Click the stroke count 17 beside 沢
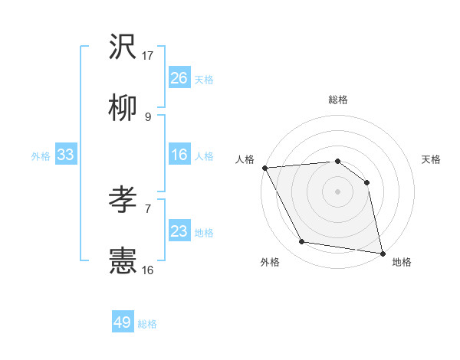[x=148, y=55]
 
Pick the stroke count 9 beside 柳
[x=148, y=117]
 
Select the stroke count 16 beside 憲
[x=148, y=270]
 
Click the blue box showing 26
[x=179, y=78]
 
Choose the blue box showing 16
[x=179, y=155]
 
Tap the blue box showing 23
[x=179, y=231]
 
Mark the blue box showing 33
[x=66, y=155]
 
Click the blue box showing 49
[x=123, y=322]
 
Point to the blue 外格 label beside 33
[x=41, y=156]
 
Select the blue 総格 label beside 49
[x=147, y=324]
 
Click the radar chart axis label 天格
[x=431, y=159]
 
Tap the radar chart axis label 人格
[x=245, y=159]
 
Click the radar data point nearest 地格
[x=382, y=252]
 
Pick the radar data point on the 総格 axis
[x=337, y=161]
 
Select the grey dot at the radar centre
[x=337, y=191]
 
